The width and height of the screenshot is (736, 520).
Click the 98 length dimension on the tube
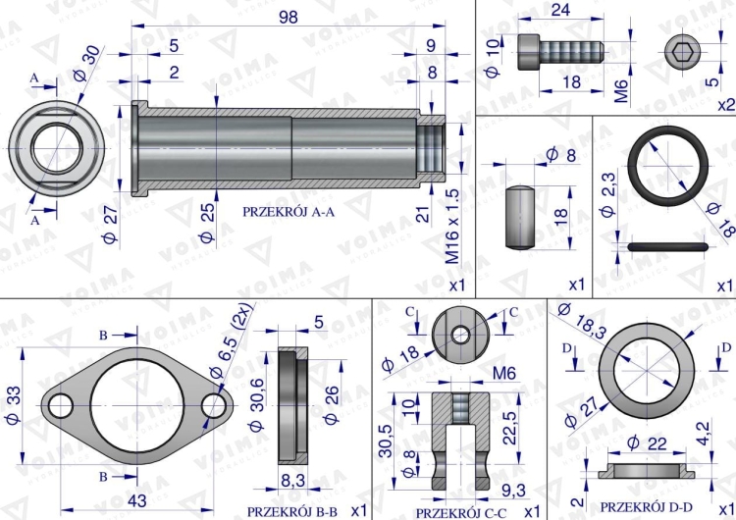tap(288, 18)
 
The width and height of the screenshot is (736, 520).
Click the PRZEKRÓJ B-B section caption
tap(291, 511)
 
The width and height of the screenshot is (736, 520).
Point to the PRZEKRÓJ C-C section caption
tap(461, 512)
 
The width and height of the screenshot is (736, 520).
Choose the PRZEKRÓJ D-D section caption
tap(640, 506)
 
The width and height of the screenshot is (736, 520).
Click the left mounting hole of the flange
tap(61, 405)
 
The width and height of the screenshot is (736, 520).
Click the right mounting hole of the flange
tap(214, 405)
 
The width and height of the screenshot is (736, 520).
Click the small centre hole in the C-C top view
tap(460, 335)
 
